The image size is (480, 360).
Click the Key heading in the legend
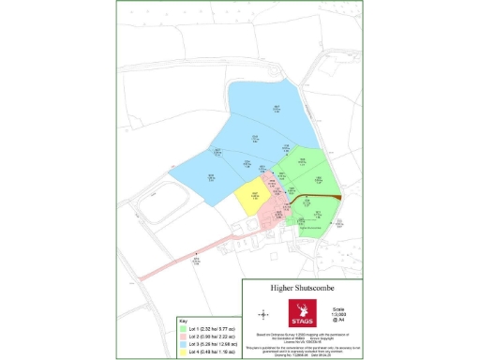(184, 322)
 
